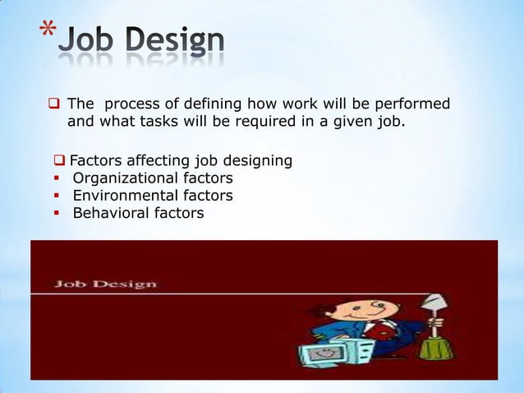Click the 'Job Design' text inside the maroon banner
[105, 284]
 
